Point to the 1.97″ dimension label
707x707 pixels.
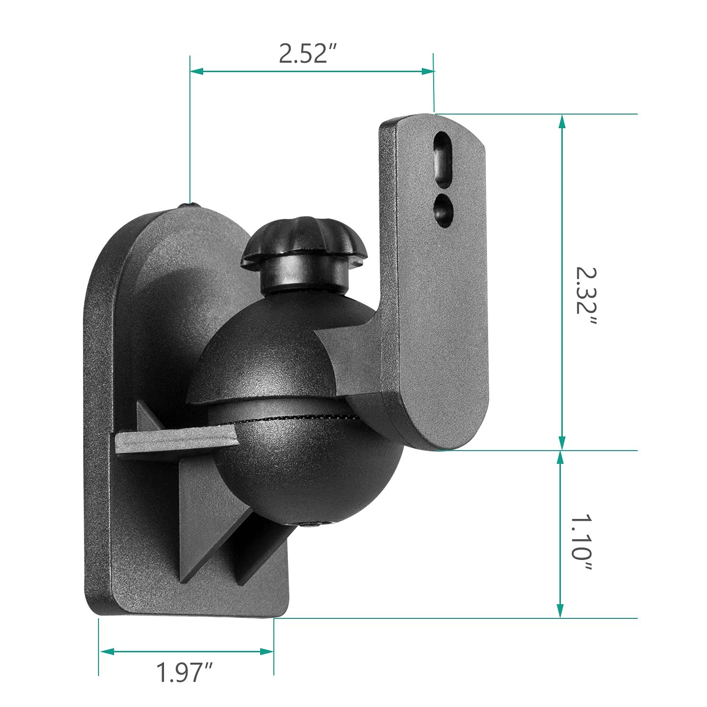point(185,672)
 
